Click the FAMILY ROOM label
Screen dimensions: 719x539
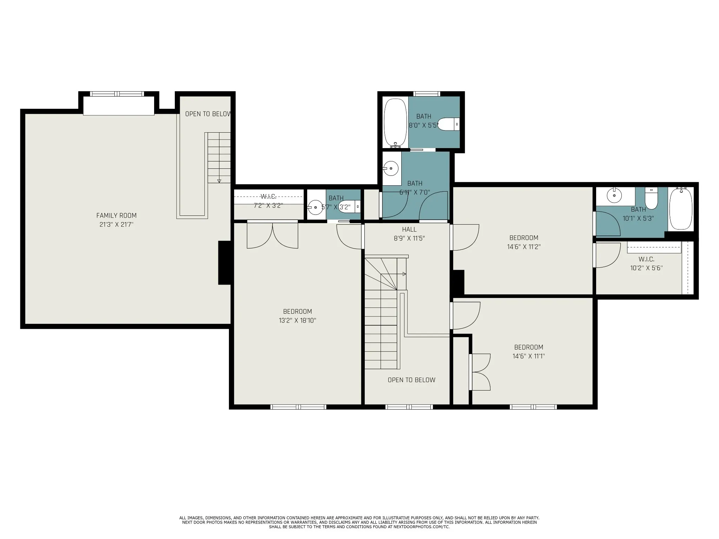117,215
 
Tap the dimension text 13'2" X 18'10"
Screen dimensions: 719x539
297,320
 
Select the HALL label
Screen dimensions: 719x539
409,229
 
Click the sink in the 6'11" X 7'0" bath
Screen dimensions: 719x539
390,168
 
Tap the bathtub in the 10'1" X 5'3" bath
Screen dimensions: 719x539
681,208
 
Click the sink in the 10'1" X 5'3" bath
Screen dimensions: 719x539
614,195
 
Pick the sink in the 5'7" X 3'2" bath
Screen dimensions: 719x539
315,207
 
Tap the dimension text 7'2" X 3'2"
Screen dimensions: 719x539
268,206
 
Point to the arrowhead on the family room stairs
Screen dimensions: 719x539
219,181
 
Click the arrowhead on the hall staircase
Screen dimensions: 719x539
404,274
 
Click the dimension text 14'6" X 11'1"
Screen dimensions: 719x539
529,356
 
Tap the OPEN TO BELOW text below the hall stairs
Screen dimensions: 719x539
411,380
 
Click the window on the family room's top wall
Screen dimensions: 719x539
117,94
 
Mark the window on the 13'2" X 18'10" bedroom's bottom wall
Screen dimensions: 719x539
298,407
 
